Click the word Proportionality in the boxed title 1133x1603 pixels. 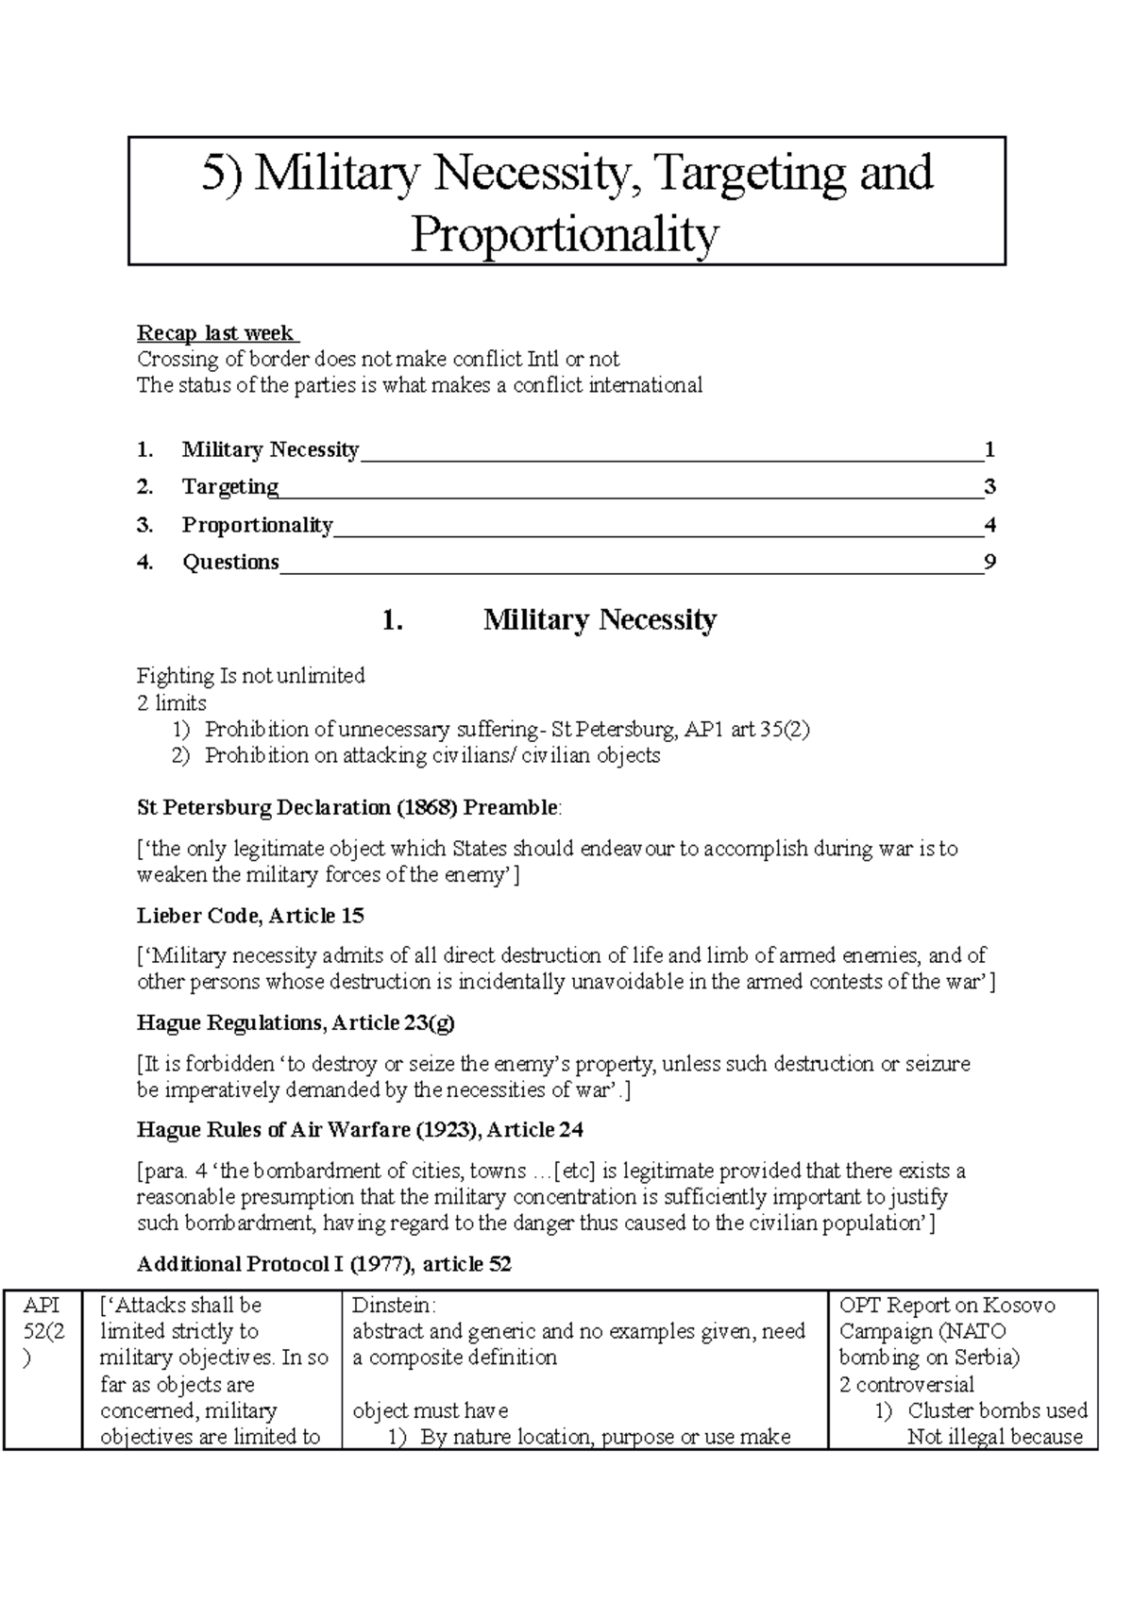565,234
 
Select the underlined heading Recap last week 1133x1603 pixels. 216,333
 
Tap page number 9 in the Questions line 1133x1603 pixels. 989,563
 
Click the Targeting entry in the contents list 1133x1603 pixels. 229,487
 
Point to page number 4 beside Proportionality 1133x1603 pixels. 989,525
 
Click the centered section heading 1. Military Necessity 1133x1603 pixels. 550,620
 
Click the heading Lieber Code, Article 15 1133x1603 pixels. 250,916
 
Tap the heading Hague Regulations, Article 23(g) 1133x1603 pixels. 296,1023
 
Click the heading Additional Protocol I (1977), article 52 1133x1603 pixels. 324,1265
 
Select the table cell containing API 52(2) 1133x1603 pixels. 42,1332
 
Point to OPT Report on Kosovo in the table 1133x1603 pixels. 947,1306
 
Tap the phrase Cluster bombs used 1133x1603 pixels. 997,1411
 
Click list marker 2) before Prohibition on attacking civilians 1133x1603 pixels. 180,756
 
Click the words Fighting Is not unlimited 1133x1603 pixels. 250,676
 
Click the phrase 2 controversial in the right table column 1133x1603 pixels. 906,1385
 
